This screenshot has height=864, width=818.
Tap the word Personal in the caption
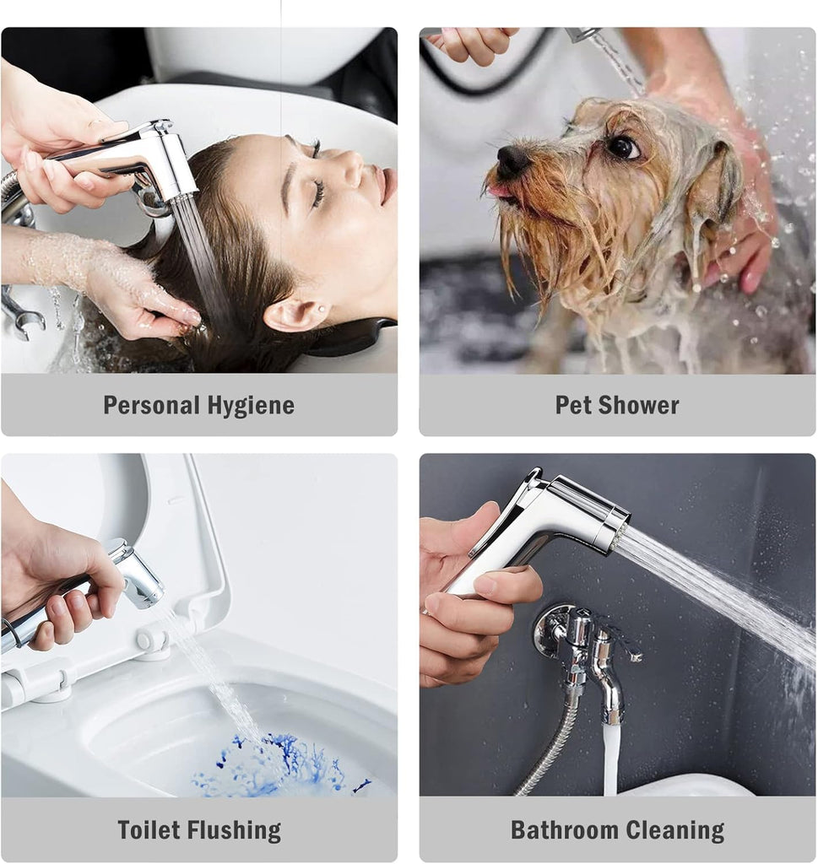(x=152, y=405)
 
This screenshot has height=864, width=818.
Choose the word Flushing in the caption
(x=235, y=831)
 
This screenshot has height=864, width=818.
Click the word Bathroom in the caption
(x=565, y=830)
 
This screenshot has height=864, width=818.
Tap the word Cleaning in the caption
(x=675, y=831)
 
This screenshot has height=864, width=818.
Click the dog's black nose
(x=512, y=160)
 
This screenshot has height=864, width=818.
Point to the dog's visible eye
(x=624, y=147)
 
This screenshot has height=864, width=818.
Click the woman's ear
(x=299, y=315)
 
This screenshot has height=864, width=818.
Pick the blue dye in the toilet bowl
(x=275, y=763)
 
